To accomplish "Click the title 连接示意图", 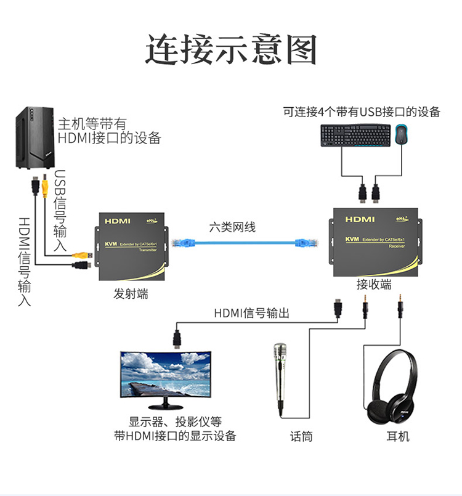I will pos(231,49).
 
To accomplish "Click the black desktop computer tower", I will pos(34,139).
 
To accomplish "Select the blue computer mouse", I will pos(403,134).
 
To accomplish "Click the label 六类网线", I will pos(232,227).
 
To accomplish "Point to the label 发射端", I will pos(131,294).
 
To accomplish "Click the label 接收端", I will pos(374,284).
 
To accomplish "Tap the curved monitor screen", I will pos(166,374).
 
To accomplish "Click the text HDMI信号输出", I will pos(251,313).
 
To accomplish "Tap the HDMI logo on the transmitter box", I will pos(117,221).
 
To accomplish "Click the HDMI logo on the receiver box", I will pos(360,219).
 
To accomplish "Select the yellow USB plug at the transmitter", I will pos(83,253).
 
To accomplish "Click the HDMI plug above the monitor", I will pos(177,338).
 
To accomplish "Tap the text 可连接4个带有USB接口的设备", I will pos(362,112).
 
